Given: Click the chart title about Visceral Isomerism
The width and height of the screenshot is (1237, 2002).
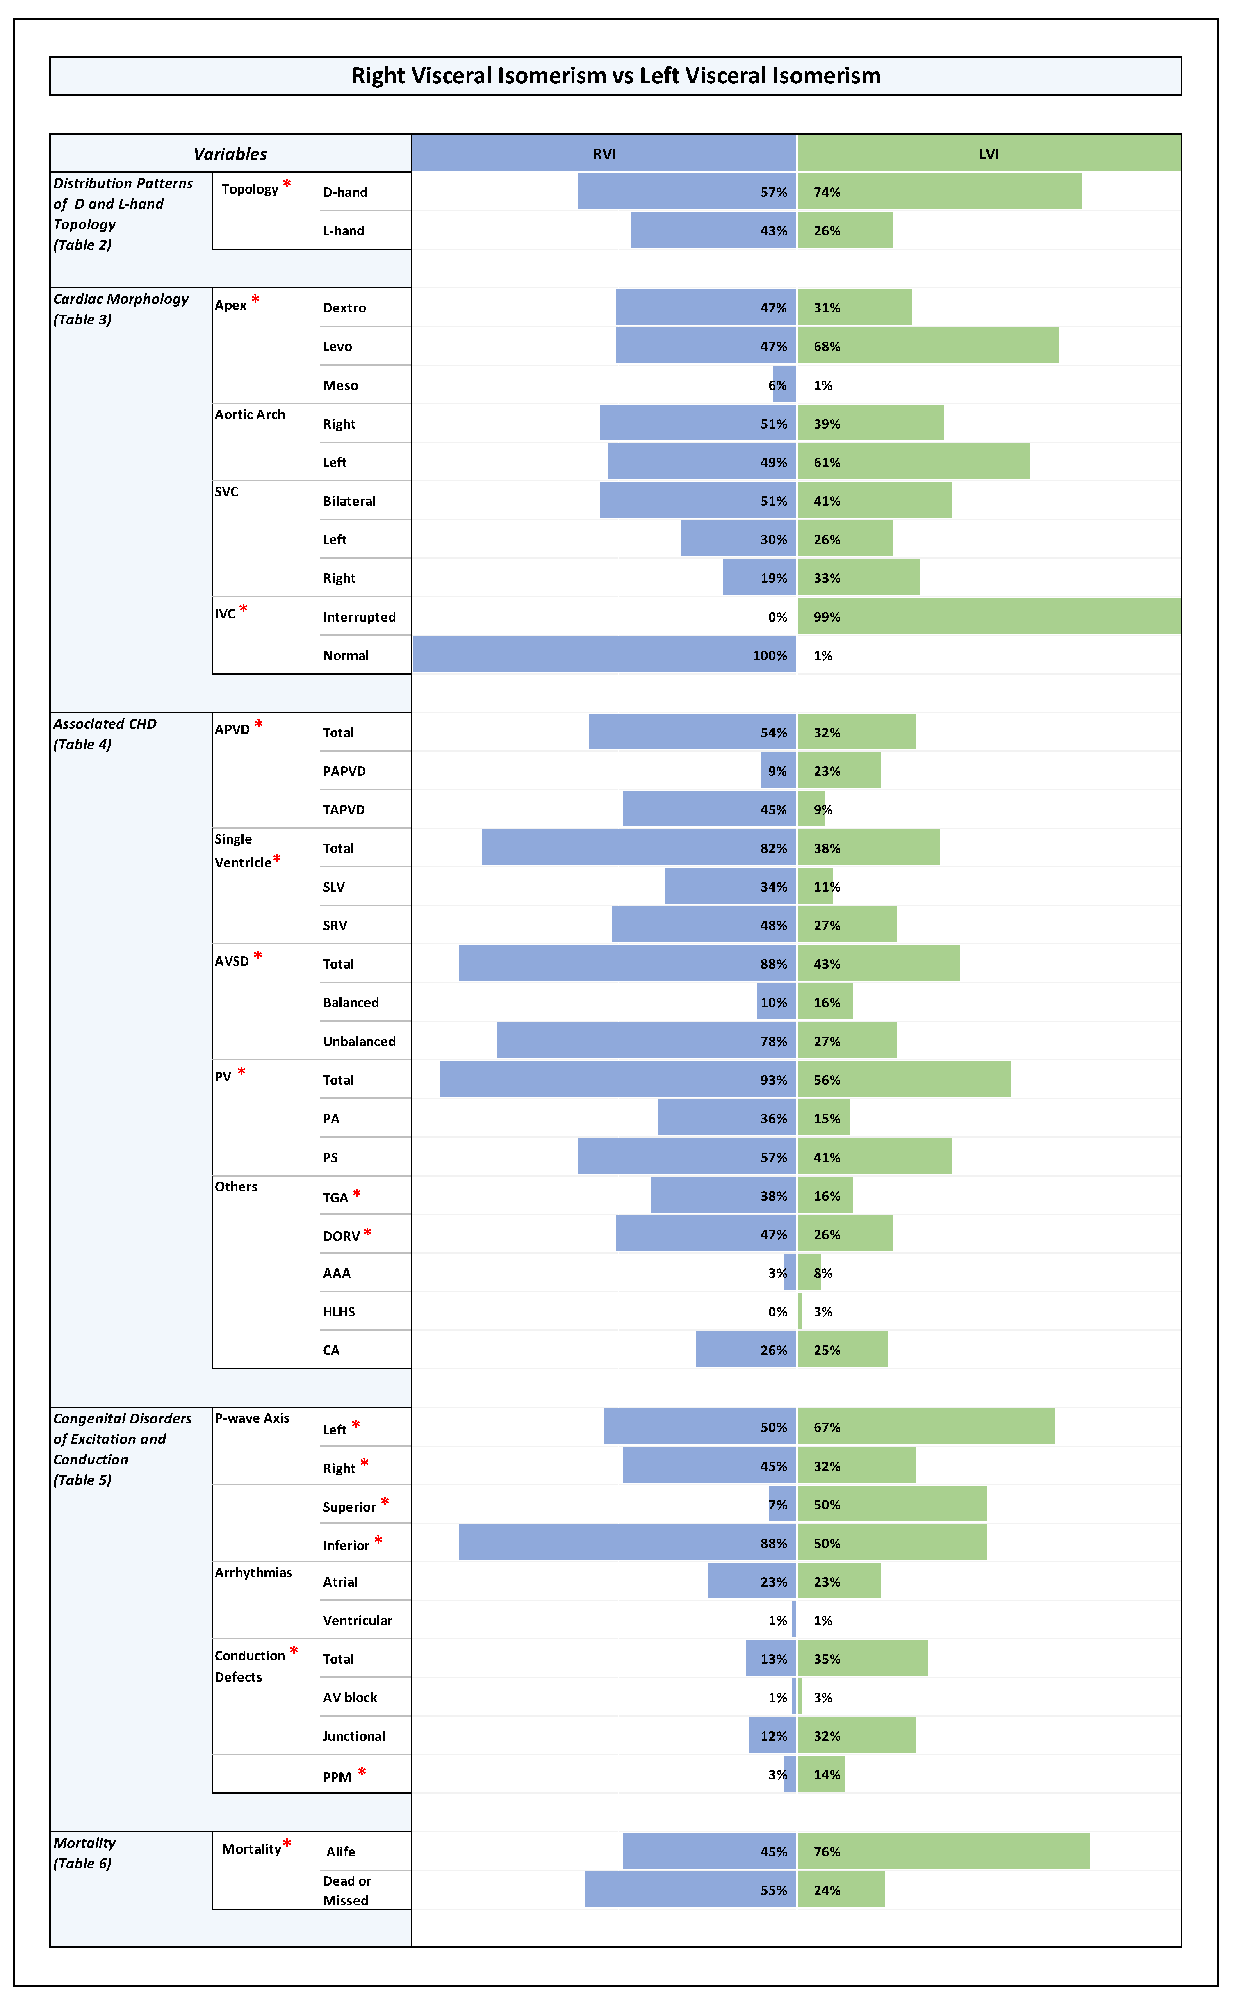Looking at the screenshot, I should [615, 76].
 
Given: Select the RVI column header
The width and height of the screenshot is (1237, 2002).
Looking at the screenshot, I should [604, 154].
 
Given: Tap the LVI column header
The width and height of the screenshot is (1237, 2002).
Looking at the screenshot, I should [988, 154].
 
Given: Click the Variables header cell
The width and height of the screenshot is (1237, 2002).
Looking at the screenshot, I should [230, 154].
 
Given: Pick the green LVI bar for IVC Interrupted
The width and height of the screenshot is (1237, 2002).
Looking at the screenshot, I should [988, 616].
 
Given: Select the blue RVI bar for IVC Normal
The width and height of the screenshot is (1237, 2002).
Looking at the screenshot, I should [604, 654].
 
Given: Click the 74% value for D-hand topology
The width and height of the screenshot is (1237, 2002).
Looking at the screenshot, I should [826, 192].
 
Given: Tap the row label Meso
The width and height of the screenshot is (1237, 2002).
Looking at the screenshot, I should [340, 385].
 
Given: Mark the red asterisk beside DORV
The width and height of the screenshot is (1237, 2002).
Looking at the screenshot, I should [367, 1232].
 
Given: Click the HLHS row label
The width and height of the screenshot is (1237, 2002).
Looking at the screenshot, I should [339, 1311].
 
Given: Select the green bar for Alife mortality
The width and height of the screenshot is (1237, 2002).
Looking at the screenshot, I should [943, 1851].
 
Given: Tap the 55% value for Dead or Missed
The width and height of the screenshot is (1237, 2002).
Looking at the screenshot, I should [773, 1890].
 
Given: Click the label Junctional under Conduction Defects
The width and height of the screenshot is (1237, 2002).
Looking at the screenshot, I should [353, 1736].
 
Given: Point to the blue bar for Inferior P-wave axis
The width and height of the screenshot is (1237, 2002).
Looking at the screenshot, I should [626, 1542].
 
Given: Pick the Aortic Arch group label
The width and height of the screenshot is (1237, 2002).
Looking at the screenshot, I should [250, 415].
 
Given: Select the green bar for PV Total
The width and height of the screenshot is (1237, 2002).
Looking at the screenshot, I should [904, 1079].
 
